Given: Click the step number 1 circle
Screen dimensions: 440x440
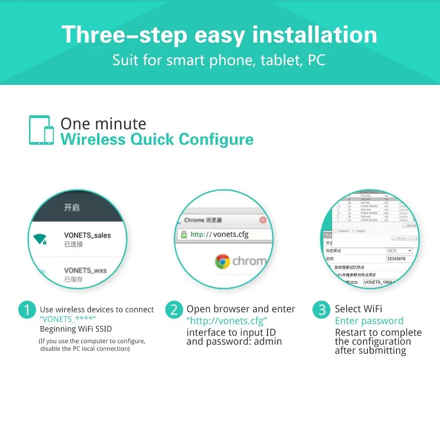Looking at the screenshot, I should tap(27, 310).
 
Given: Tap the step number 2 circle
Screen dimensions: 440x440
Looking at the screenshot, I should tap(174, 310).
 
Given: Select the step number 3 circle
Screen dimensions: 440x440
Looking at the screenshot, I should tap(322, 310).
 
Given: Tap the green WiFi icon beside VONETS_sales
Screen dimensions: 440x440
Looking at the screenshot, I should tap(40, 239).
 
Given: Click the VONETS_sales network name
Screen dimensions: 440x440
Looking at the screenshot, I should tap(87, 235).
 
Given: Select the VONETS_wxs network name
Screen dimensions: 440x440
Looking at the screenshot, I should tap(85, 270).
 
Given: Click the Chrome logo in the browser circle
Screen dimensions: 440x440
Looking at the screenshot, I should tap(223, 261).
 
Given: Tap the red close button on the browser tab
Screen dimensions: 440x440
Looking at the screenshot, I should tap(263, 220).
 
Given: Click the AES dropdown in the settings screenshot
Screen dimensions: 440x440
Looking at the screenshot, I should tap(399, 250).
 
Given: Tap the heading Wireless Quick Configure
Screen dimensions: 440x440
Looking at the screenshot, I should tap(157, 139).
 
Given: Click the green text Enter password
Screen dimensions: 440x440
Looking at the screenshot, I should tap(369, 321).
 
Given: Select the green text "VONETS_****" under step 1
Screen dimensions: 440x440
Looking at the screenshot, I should tap(68, 319).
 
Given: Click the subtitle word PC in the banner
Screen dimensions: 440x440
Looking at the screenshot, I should tap(316, 60).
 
